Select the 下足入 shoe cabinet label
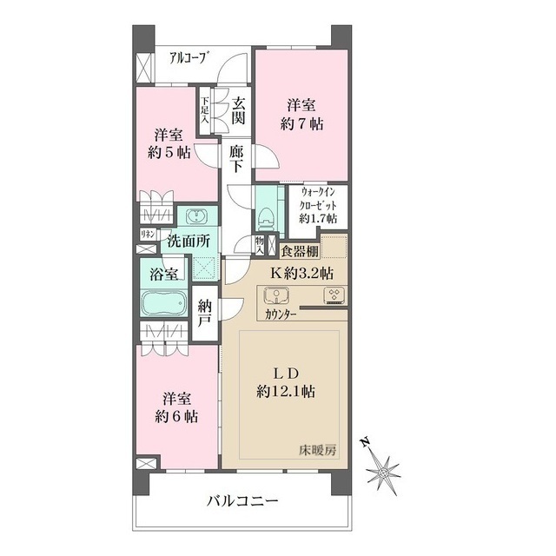point(206,108)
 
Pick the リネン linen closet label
point(148,233)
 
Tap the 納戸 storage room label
point(206,313)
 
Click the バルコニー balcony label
point(242,501)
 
